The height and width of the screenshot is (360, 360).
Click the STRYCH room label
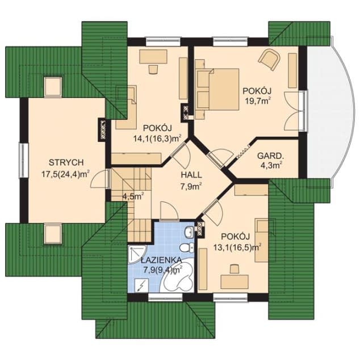click(x=66, y=162)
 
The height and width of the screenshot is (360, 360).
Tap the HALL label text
click(x=191, y=175)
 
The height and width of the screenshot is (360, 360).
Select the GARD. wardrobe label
click(x=270, y=156)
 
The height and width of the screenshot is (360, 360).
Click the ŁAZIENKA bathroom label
click(x=161, y=261)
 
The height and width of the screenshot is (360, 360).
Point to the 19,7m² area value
click(x=257, y=101)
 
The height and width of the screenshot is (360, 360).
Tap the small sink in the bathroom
click(x=189, y=232)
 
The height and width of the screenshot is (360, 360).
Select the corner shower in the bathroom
click(x=137, y=254)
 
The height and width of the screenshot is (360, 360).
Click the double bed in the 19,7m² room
click(x=217, y=89)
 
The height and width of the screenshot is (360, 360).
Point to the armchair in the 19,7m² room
click(x=270, y=58)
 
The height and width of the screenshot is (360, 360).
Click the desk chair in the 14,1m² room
click(x=153, y=69)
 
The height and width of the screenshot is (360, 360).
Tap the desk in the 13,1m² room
click(x=235, y=282)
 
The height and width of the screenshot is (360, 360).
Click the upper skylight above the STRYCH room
click(x=53, y=87)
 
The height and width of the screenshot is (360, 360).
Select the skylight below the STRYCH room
click(x=53, y=234)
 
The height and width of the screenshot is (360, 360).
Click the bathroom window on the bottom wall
click(x=165, y=298)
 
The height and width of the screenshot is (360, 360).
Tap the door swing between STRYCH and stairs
click(x=99, y=179)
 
